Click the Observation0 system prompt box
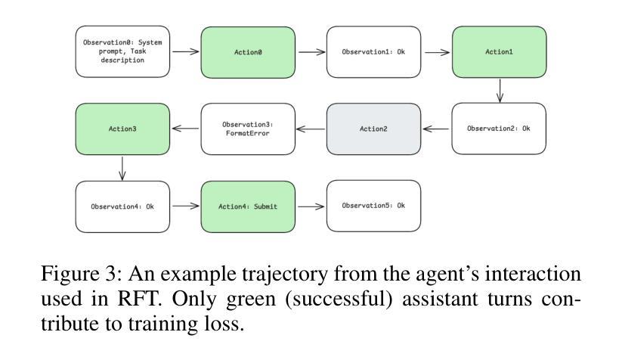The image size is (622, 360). pos(122,51)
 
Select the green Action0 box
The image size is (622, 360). pos(248,52)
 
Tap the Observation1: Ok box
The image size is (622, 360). pos(373,52)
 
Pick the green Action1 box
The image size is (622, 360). pos(499,52)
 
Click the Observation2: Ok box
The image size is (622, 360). pos(499,129)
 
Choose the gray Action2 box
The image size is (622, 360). pos(373,129)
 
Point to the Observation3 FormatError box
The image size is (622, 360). pos(248,129)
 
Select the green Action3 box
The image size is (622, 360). pos(122,129)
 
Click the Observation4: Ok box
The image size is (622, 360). pos(122,206)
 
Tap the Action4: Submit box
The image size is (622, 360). pos(248,206)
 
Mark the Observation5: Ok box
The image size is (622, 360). pos(373,206)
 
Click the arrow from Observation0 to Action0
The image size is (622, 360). pos(186,51)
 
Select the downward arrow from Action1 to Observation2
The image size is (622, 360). pos(500,91)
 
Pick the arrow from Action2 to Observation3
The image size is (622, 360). pos(310,129)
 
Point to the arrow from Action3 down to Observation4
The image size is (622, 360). pos(122,169)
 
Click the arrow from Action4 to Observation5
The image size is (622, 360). pos(311,206)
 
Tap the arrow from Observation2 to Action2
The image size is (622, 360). pos(436,129)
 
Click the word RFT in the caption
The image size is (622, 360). pos(139,299)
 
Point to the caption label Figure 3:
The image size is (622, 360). pos(82,275)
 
